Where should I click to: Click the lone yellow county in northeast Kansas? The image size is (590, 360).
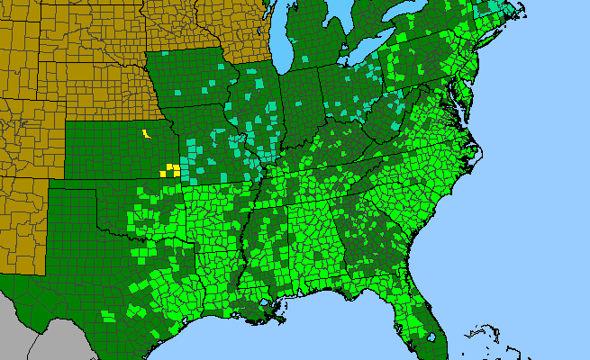145,134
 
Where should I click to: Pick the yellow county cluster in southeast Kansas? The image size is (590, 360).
169,169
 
